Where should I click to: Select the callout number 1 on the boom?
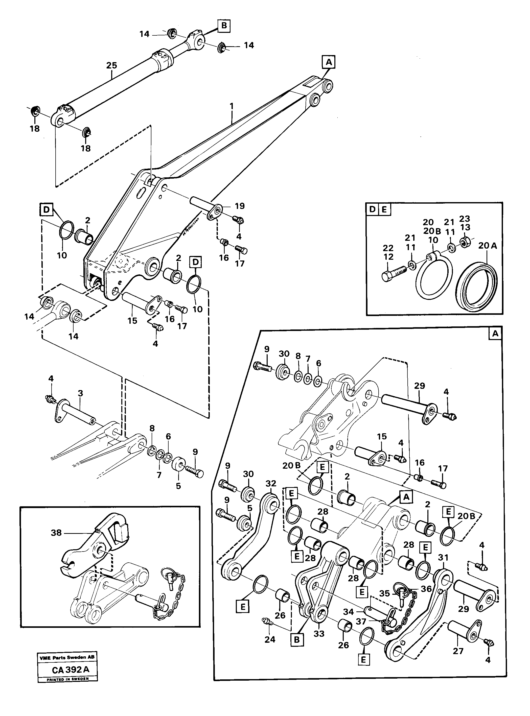point(232,106)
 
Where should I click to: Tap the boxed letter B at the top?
point(224,26)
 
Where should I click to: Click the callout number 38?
point(56,533)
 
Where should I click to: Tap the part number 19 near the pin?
point(240,206)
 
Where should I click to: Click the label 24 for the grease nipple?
point(270,639)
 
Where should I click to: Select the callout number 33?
point(319,634)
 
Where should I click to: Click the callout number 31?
point(443,558)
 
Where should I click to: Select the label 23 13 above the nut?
point(465,223)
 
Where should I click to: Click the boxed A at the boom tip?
point(329,62)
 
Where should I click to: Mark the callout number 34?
point(349,612)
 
